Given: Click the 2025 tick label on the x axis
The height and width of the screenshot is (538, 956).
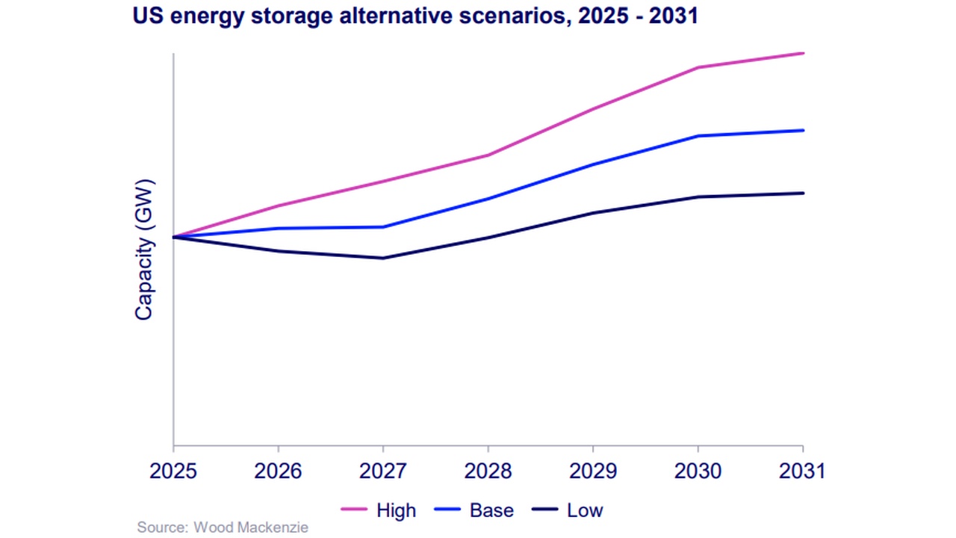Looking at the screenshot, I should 173,472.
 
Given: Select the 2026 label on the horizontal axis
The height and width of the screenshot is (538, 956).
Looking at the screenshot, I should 278,472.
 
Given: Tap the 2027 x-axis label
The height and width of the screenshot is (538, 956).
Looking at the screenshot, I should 383,472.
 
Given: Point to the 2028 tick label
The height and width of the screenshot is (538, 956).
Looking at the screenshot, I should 488,472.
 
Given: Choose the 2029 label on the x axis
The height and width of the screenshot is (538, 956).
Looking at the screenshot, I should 593,472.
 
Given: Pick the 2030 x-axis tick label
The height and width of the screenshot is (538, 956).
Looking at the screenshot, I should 698,472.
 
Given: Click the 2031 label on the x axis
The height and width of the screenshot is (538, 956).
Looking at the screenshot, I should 803,472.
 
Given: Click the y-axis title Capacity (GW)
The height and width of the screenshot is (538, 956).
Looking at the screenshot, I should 143,250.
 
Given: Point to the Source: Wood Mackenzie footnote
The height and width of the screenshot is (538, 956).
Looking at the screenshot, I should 223,528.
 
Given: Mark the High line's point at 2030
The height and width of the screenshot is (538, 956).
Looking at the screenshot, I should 698,67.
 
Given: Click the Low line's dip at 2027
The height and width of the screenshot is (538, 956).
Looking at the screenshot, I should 383,259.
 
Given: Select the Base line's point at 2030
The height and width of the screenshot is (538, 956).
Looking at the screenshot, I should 698,136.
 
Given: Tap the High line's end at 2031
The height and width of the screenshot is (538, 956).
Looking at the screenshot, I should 803,53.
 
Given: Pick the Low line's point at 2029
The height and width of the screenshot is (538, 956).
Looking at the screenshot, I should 593,213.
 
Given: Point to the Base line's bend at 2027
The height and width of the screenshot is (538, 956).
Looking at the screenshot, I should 383,227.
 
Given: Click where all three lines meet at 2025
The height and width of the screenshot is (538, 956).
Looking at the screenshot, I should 173,237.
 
